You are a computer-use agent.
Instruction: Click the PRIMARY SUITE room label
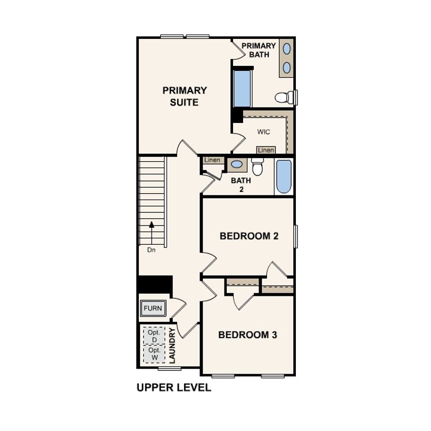pyautogui.click(x=185, y=96)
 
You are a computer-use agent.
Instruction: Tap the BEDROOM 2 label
pyautogui.click(x=249, y=236)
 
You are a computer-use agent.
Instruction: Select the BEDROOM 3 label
pyautogui.click(x=247, y=335)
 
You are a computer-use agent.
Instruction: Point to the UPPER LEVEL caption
pyautogui.click(x=174, y=387)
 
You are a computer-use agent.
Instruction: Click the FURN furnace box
pyautogui.click(x=153, y=308)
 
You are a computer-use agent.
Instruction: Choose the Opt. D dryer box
pyautogui.click(x=154, y=336)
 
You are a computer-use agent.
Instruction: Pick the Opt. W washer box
pyautogui.click(x=154, y=354)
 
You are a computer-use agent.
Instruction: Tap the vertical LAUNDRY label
pyautogui.click(x=172, y=345)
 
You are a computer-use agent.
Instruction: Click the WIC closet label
pyautogui.click(x=263, y=132)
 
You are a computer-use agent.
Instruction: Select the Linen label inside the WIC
pyautogui.click(x=266, y=150)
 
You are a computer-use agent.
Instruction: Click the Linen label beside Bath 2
pyautogui.click(x=212, y=160)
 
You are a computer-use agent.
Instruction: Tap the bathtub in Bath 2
pyautogui.click(x=284, y=177)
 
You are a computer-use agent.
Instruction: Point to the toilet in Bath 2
pyautogui.click(x=258, y=167)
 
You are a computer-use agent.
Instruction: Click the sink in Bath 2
pyautogui.click(x=237, y=164)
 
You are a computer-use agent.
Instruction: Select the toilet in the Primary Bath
pyautogui.click(x=285, y=97)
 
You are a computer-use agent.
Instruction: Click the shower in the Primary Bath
pyautogui.click(x=242, y=88)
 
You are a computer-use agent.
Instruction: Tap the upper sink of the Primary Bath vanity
pyautogui.click(x=287, y=49)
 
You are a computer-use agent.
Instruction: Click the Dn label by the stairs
pyautogui.click(x=152, y=250)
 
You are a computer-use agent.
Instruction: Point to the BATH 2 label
pyautogui.click(x=241, y=185)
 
